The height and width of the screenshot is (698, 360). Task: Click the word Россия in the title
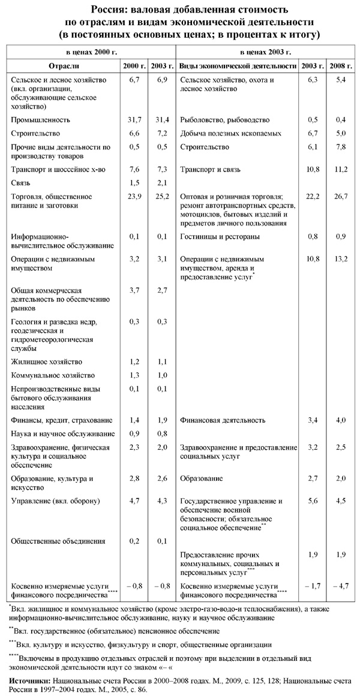[109, 10]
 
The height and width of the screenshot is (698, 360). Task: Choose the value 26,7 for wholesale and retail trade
[340, 195]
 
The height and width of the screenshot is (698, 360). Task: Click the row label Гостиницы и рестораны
[220, 237]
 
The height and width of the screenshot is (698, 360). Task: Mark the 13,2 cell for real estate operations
[340, 259]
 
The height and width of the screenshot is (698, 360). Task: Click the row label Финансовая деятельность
[223, 420]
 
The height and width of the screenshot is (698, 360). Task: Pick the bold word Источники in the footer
[30, 682]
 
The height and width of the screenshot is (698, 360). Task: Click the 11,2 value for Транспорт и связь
[340, 170]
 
